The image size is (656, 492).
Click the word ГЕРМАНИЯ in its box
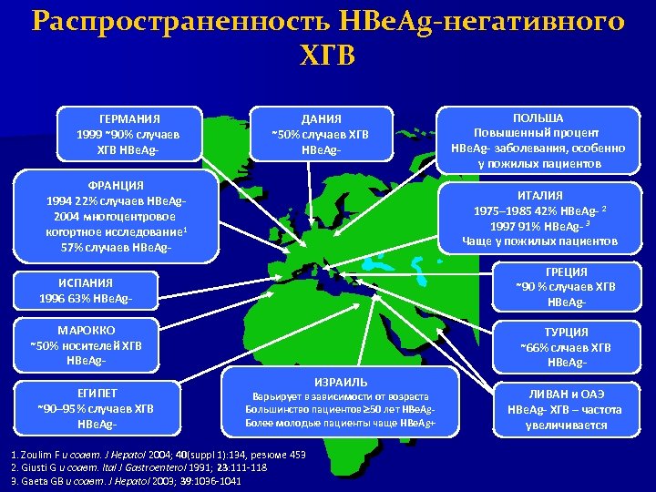128,118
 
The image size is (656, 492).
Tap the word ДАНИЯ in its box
321,119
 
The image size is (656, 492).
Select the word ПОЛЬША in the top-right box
538,118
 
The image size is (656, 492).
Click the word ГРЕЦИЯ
566,272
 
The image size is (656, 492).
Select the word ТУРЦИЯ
566,332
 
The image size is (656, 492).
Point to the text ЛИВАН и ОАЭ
564,394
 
